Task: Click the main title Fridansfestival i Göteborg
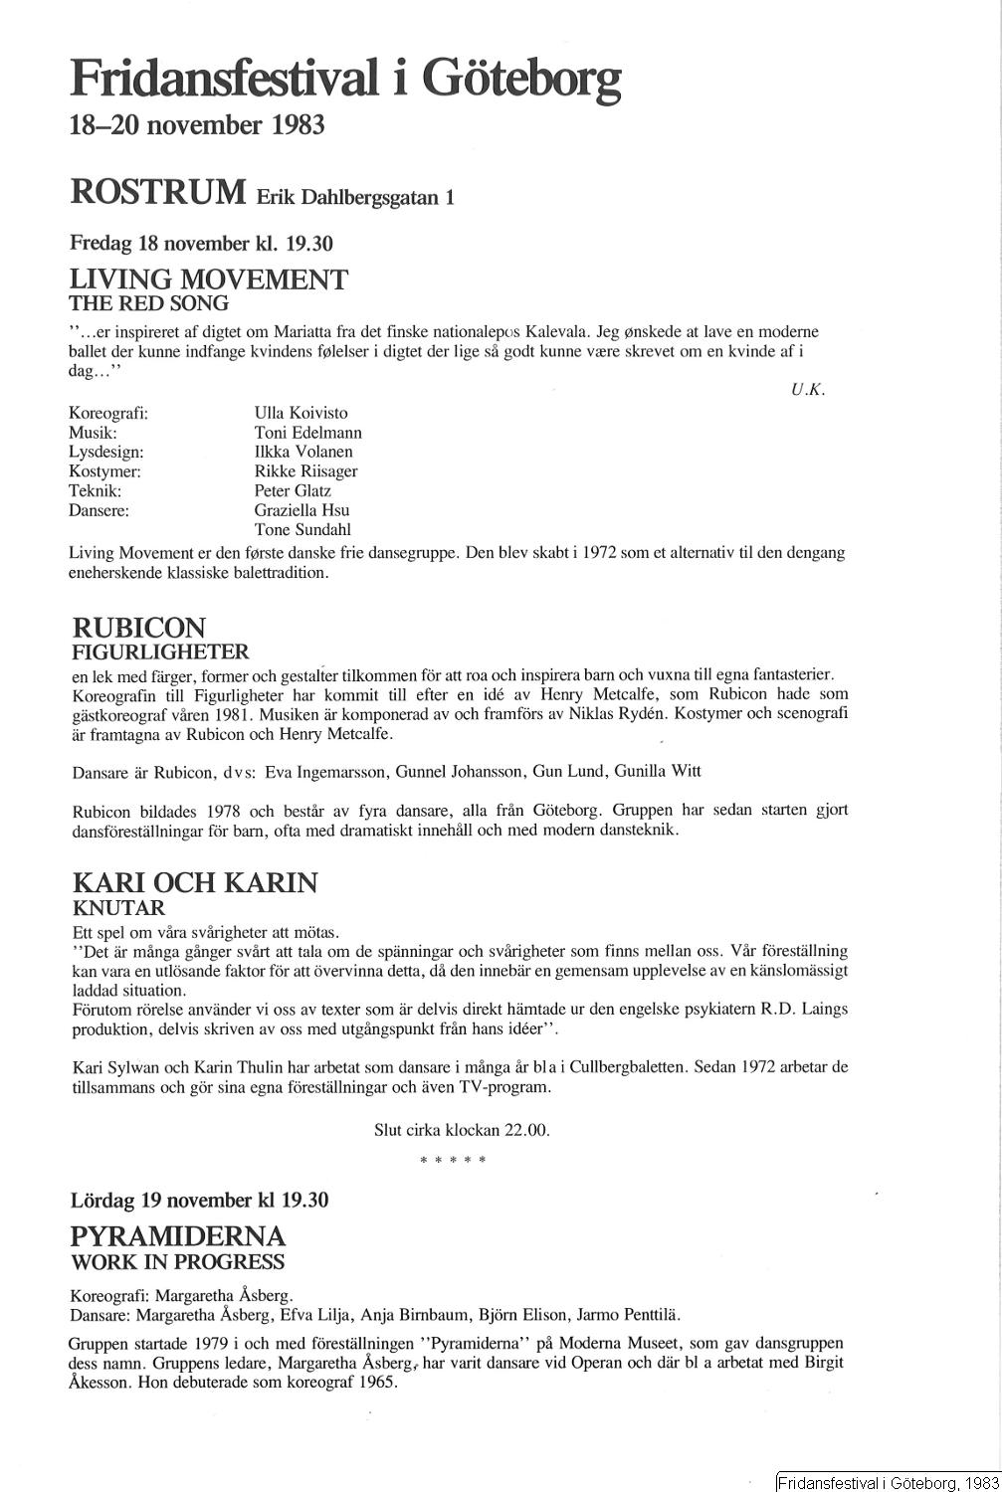tap(344, 79)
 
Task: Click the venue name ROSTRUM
tap(158, 191)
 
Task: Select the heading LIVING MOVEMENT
tap(209, 280)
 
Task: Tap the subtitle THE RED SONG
tap(149, 303)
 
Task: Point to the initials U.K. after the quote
tap(808, 390)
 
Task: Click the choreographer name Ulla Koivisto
tap(301, 413)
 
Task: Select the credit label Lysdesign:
tap(106, 452)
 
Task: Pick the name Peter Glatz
tap(293, 490)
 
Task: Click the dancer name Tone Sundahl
tap(302, 529)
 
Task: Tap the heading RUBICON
tap(139, 628)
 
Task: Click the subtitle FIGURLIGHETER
tap(160, 653)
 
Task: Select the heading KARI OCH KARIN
tap(195, 882)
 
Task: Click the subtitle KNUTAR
tap(118, 907)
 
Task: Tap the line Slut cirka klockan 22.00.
tap(462, 1130)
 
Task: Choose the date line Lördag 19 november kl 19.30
tap(199, 1200)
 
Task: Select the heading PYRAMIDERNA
tap(178, 1236)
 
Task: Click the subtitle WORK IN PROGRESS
tap(177, 1262)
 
